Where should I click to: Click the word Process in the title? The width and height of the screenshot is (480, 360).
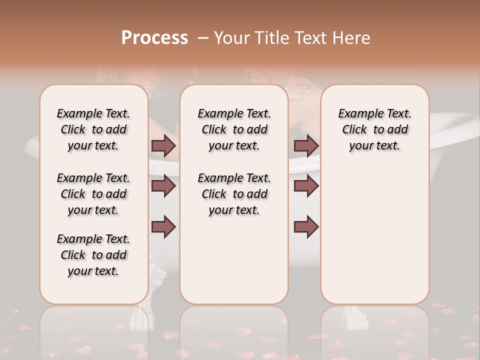pos(154,38)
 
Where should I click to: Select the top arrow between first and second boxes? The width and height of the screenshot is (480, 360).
pos(163,145)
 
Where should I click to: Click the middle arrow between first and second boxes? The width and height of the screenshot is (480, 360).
pos(163,186)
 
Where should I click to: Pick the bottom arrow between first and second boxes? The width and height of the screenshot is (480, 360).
pos(163,227)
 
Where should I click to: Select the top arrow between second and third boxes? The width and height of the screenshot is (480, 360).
pos(306,145)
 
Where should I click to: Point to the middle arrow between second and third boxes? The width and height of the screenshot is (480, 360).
pos(306,186)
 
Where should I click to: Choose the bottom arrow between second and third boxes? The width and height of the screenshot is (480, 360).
pos(306,227)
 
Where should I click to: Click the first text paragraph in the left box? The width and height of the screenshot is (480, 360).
pos(93,129)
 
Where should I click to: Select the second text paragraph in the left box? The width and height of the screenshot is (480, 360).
pos(93,194)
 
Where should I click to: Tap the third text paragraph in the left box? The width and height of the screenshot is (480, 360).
pos(93,255)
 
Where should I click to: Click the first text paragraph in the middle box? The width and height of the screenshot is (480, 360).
pos(234,129)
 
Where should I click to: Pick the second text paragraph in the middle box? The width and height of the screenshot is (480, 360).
pos(234,194)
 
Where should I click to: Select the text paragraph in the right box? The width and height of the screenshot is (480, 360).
pos(374,129)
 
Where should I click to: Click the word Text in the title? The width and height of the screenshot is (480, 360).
pos(311,38)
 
